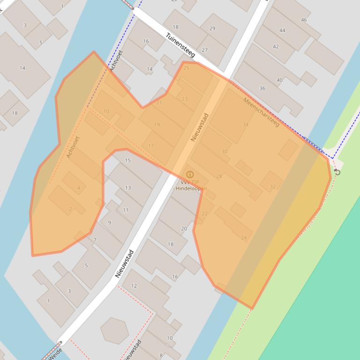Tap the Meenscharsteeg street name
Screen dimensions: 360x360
coord(261,112)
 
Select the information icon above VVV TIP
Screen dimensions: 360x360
coord(190,174)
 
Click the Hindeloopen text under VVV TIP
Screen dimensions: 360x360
coord(191,188)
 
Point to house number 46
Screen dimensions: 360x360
coord(304,20)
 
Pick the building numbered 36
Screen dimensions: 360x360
coord(262,88)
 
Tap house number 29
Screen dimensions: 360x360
coord(212,29)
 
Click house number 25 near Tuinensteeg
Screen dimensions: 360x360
coord(186,68)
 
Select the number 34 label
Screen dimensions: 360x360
coord(245,124)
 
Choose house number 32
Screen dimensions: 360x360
coord(272,187)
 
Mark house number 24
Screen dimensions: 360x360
coord(243,238)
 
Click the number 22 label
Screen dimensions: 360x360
coord(205,214)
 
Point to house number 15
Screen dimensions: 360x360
coord(128,160)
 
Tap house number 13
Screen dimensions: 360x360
coord(128,187)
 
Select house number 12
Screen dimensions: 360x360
coord(134,286)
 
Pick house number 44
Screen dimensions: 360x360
coord(282,30)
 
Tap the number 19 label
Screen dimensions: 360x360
coord(157,124)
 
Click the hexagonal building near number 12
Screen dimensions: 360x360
coord(115,330)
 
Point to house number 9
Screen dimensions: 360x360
coord(110,223)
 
